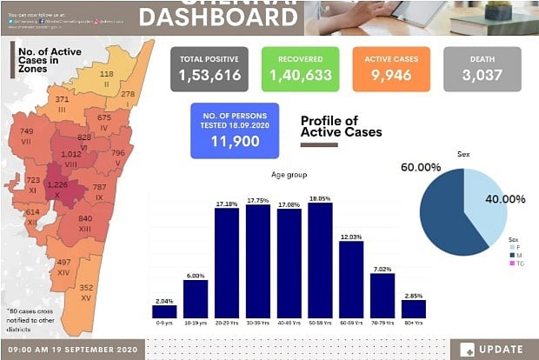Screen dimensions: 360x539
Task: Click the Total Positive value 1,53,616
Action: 210,76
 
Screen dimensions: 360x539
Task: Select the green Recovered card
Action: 300,69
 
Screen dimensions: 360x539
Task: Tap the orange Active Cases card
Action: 391,69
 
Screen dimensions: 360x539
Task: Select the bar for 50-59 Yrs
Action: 320,260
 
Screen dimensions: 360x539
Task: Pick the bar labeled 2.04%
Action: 164,310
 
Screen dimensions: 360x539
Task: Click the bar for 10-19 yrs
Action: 196,298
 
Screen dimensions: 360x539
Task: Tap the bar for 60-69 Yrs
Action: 350,279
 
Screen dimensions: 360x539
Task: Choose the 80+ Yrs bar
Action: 413,308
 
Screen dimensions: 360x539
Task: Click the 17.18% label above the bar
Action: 226,203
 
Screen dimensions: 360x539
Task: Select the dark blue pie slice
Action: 443,217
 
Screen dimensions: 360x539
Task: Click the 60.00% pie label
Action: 421,166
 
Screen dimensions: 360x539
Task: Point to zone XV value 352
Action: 86,287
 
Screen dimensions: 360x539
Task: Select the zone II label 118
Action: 105,74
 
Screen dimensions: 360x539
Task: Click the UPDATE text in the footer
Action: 504,349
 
